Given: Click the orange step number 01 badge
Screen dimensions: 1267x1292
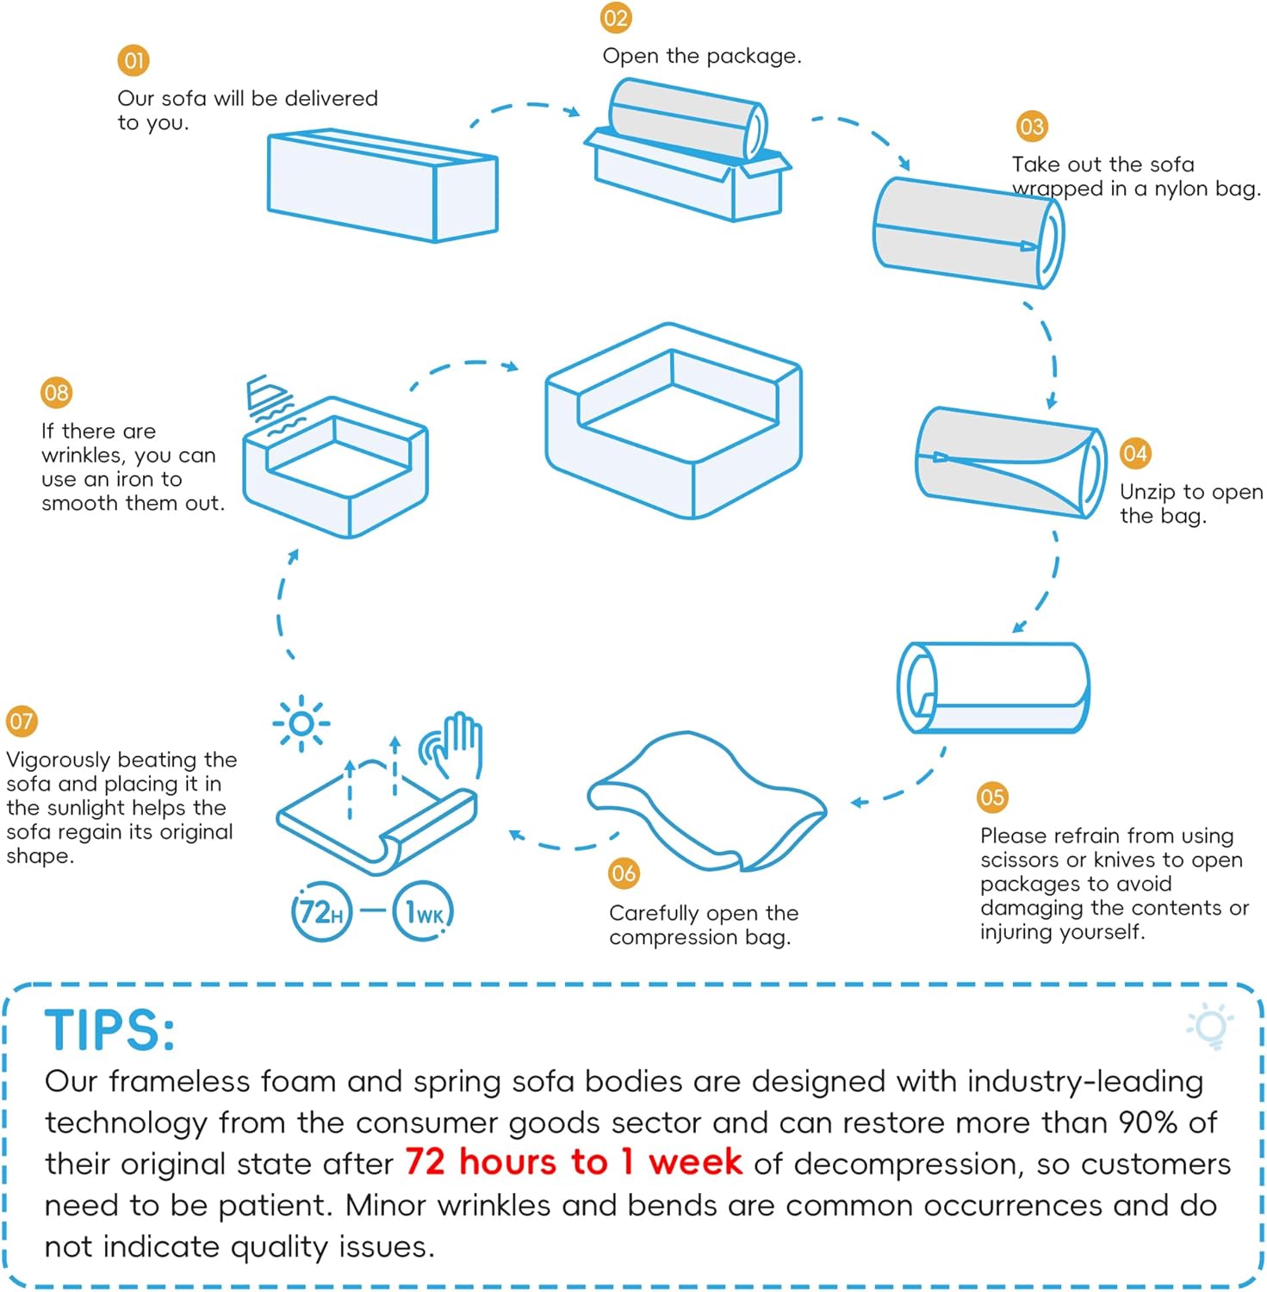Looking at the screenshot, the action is coord(134,60).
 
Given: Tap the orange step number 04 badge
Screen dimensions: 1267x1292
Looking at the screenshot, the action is coord(1135,453).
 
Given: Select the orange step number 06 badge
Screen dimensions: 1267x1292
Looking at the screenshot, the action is coord(624,873).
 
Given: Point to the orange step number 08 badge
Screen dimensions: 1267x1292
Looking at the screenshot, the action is coord(57,393).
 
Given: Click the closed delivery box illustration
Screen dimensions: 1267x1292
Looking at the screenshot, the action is coord(382,185).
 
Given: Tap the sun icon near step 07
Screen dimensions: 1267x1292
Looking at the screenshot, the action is coord(301,724).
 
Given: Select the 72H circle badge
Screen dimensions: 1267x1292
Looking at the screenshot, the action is coord(322,911).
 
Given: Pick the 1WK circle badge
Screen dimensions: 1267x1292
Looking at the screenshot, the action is coord(423,911).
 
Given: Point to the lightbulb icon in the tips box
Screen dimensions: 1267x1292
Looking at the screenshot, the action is coord(1210,1026).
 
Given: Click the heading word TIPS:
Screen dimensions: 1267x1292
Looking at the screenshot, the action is coord(109,1030).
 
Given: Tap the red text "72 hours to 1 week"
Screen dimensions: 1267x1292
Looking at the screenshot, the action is coord(573,1162).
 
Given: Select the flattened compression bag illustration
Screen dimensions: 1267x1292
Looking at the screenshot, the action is coord(706,801).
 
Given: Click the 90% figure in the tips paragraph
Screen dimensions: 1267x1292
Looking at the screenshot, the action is coord(1148,1122).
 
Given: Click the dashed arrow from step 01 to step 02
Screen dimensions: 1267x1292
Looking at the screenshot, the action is coord(525,106).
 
